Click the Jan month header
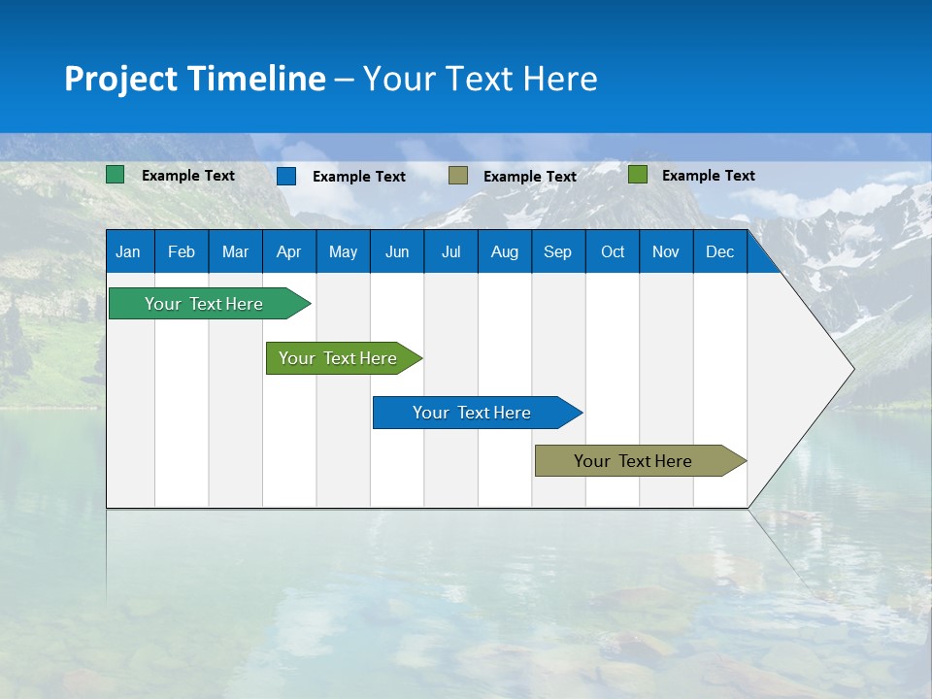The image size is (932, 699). coord(128,251)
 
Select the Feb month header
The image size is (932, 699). coord(182,251)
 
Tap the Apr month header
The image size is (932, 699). coord(288,251)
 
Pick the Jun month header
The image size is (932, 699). coord(397,251)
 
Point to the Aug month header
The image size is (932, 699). coord(505,251)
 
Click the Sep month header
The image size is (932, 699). coord(557,251)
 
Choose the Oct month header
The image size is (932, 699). coord(613,251)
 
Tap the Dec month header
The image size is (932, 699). coord(719,251)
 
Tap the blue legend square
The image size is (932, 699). coord(286,176)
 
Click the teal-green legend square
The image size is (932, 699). coord(116,175)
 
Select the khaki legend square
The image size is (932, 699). coord(458,176)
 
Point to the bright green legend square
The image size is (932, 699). coord(638,175)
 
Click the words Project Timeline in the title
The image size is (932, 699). coord(195,79)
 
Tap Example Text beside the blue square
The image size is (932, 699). coord(359,177)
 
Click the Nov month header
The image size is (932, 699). coord(666,251)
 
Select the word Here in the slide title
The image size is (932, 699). coord(560,79)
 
